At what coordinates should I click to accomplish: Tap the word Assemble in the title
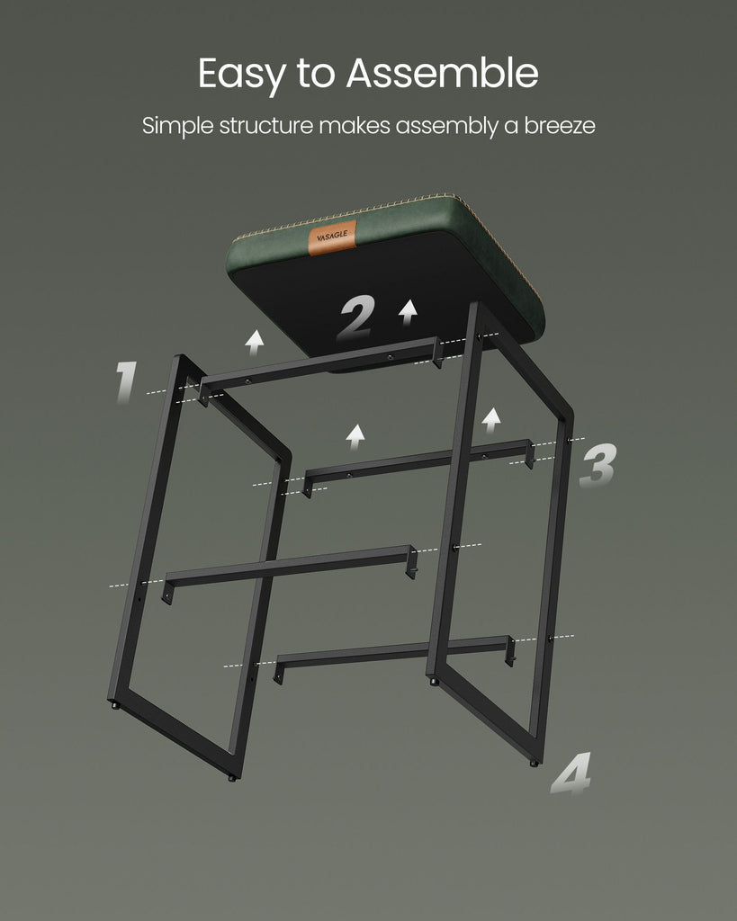(442, 73)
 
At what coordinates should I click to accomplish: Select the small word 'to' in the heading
(316, 74)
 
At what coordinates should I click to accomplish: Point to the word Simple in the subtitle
(177, 126)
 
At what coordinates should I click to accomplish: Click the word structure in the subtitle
(266, 125)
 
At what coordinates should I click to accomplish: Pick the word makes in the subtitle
(355, 125)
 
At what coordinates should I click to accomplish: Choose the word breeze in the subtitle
(560, 125)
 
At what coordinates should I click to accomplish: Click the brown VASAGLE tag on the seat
(332, 237)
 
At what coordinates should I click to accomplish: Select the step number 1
(126, 381)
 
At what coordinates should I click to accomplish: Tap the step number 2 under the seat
(356, 317)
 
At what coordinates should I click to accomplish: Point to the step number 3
(598, 465)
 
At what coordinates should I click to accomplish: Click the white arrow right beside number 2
(408, 312)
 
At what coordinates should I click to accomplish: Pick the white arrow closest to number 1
(255, 343)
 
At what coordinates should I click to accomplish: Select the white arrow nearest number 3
(491, 421)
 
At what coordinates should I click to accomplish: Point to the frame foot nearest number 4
(534, 763)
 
